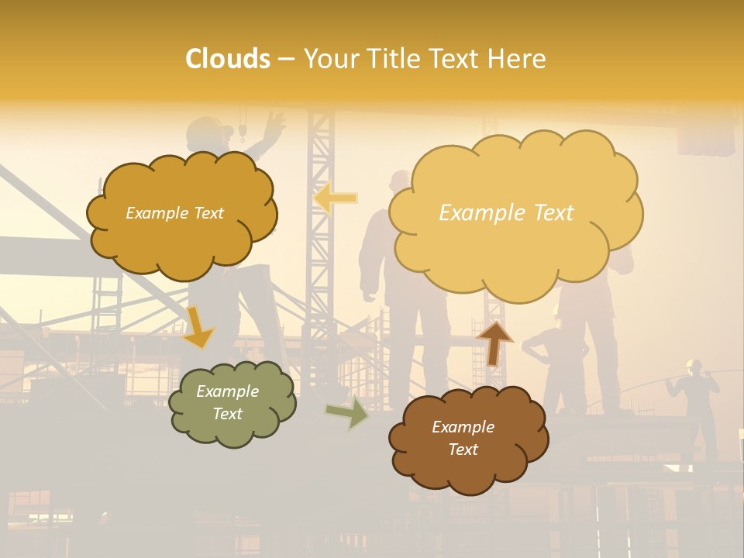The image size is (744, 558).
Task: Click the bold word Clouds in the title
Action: point(228,59)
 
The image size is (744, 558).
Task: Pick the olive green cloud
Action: point(232,403)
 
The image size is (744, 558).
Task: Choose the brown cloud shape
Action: point(468,439)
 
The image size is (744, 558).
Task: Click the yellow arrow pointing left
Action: point(335,198)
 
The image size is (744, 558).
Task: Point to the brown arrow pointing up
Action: point(494,342)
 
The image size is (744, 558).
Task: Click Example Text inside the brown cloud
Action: point(463,438)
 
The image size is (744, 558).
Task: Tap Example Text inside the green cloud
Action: point(228,402)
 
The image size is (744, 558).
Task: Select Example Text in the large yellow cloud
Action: point(506,213)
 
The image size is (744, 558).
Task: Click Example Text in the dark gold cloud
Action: point(174,213)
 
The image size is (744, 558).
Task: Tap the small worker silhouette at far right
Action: point(697,395)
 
